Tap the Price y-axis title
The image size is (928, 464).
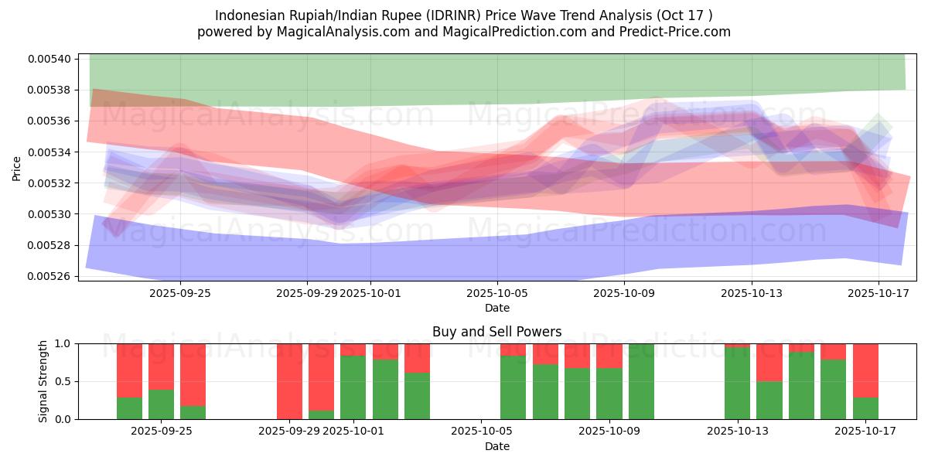(x=17, y=168)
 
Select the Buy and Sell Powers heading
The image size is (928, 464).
(x=496, y=333)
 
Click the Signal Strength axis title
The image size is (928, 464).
(x=43, y=381)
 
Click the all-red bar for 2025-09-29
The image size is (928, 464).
(x=289, y=381)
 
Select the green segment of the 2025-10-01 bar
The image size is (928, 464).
(x=353, y=387)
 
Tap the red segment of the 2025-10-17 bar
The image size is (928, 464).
(x=865, y=370)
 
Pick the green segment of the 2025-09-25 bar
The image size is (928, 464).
(x=161, y=404)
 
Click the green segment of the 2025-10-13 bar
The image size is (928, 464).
(x=737, y=383)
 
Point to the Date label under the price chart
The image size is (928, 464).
(x=496, y=308)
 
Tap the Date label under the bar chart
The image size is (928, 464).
(x=496, y=446)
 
